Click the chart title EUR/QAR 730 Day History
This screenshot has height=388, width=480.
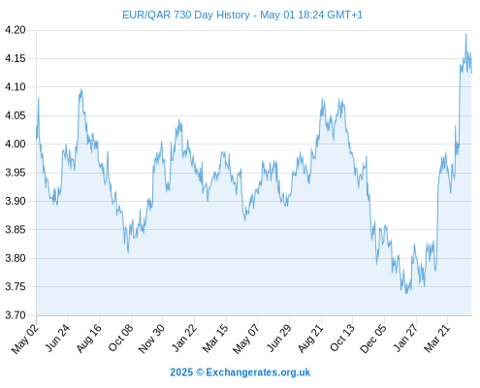186,15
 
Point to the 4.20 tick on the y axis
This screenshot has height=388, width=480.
16,30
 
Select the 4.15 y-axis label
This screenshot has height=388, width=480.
16,58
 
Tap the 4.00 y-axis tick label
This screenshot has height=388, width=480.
16,144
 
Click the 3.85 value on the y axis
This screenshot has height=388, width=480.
16,230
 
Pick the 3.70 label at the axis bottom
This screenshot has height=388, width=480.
16,315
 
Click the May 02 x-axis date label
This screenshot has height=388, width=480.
25,339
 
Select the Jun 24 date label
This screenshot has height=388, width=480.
57,338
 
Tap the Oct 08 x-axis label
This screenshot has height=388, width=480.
120,338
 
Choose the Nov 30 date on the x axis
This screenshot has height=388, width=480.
151,339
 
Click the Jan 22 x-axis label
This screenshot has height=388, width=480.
183,338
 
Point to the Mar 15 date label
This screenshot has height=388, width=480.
215,338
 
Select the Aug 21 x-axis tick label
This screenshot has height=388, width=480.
310,338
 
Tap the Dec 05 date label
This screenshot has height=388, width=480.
373,339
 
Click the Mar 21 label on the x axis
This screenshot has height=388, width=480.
437,338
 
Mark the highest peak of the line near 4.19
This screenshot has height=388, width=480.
466,34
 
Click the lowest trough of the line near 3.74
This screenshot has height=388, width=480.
406,293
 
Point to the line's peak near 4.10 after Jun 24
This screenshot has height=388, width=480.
81,89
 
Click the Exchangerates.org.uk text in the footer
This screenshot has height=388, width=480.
258,372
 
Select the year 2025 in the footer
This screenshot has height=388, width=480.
181,372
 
